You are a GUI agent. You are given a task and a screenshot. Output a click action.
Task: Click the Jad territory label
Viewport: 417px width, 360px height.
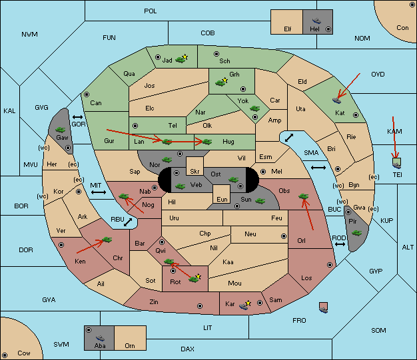167,61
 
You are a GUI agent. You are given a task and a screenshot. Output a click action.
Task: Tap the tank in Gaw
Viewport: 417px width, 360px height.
61,130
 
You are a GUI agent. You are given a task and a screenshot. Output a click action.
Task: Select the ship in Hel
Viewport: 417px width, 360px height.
316,21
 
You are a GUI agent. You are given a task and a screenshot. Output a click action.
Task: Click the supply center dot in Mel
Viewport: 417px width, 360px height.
263,172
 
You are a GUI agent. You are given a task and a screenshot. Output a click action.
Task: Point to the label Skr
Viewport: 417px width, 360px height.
195,172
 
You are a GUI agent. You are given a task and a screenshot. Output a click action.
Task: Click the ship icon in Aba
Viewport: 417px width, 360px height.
100,337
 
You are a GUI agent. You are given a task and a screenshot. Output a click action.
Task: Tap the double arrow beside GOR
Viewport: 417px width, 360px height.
77,117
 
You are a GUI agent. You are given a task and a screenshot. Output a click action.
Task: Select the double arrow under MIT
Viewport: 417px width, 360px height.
99,192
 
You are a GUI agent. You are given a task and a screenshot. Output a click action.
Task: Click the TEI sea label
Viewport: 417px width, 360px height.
397,175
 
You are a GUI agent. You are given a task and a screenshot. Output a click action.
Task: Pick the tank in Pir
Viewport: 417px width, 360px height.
356,233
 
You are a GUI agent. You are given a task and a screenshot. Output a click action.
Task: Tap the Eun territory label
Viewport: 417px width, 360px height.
222,199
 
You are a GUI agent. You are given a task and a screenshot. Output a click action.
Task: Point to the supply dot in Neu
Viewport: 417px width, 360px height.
284,236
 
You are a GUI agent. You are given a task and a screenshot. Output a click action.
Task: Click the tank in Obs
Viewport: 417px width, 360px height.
304,196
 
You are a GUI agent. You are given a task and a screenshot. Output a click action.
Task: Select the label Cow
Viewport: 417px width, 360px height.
24,353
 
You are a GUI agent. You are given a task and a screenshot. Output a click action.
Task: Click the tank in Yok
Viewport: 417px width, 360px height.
254,108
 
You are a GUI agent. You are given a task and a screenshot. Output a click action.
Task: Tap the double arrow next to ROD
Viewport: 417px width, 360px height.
340,244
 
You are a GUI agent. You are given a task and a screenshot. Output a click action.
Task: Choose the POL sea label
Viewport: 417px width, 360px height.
151,11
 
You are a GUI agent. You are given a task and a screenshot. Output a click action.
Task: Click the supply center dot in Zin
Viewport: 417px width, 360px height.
200,306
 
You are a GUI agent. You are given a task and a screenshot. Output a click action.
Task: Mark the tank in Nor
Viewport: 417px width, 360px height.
167,160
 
